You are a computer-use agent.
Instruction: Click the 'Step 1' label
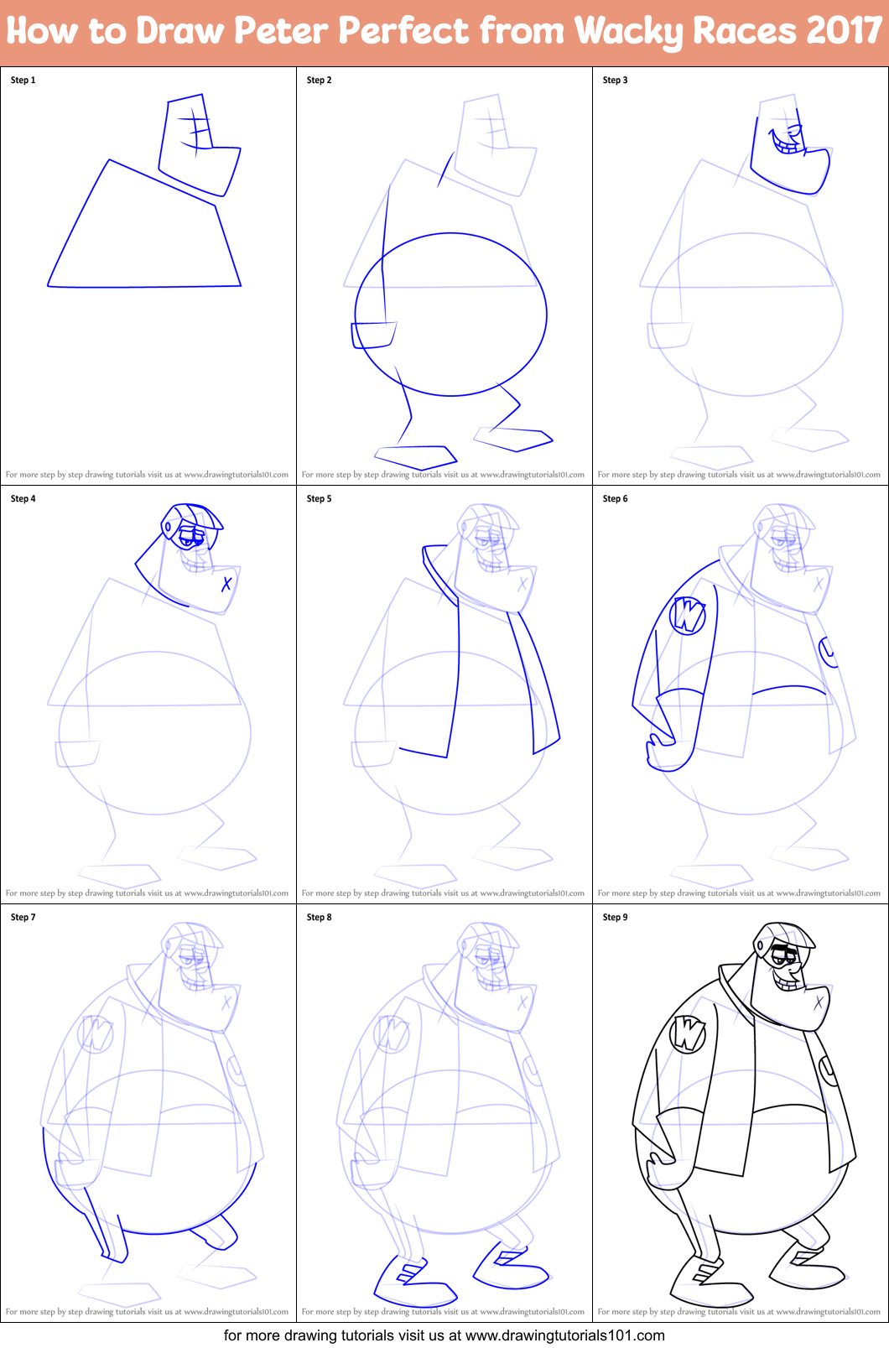coord(23,81)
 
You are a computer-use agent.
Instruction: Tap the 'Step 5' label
coord(319,499)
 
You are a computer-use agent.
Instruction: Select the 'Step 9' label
coord(615,918)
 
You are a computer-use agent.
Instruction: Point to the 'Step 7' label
coord(23,918)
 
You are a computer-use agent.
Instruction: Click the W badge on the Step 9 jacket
coord(688,1033)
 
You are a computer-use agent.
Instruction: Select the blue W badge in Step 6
coord(688,616)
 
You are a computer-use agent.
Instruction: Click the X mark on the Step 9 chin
coord(819,1001)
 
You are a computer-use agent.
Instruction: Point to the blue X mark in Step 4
coord(226,583)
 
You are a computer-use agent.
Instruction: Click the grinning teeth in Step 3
coord(788,147)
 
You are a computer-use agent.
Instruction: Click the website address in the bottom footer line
coord(564,1335)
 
